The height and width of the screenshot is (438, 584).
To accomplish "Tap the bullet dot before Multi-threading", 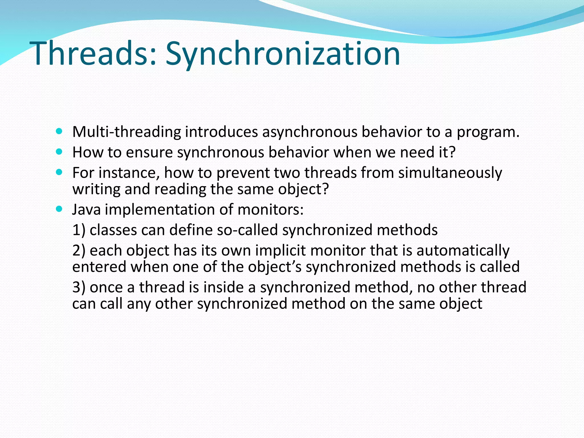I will click(x=59, y=131).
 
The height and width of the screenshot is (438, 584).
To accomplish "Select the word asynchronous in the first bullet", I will click(x=310, y=132).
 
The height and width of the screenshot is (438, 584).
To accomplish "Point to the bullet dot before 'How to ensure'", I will click(x=59, y=152).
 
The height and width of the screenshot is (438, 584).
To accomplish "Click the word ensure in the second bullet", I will click(x=149, y=153).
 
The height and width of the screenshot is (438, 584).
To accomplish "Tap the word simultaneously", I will click(x=450, y=173).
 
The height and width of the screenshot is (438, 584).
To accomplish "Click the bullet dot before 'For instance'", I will click(x=59, y=172).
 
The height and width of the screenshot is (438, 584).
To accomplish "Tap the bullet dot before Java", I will click(x=59, y=209).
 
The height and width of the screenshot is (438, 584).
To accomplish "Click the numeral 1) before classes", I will click(x=79, y=230).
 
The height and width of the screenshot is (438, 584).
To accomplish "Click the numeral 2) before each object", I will click(x=79, y=251).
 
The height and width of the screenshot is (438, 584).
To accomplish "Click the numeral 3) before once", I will click(x=79, y=287).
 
